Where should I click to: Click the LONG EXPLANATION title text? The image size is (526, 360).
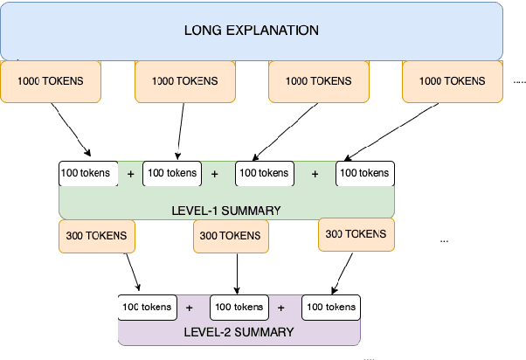(x=252, y=31)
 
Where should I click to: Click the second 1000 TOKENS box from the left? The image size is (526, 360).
(x=183, y=81)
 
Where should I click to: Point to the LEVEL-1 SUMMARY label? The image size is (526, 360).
(x=226, y=210)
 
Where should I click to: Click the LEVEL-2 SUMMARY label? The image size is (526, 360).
(x=239, y=332)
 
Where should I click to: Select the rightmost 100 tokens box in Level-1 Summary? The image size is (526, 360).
(x=366, y=173)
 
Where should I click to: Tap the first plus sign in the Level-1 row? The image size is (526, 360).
(x=131, y=174)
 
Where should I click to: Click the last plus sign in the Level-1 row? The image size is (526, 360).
(x=315, y=174)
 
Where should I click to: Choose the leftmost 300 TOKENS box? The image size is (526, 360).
(x=96, y=235)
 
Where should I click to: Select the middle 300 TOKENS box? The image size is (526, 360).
(x=231, y=236)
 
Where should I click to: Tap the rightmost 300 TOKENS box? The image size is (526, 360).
(x=356, y=234)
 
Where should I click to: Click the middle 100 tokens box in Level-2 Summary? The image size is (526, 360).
(x=238, y=308)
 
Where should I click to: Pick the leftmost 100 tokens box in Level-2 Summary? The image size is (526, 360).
(x=146, y=308)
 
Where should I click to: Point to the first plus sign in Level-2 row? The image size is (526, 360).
(x=190, y=308)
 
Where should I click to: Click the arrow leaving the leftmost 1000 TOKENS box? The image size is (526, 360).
(x=69, y=128)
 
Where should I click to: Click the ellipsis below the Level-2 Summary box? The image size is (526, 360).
(x=369, y=357)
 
